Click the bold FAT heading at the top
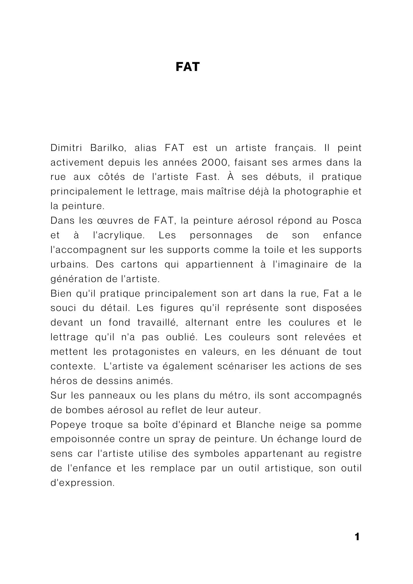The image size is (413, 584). point(188,67)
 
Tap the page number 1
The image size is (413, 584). point(357,537)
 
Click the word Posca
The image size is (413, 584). point(347,220)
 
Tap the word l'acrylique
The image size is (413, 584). point(119,235)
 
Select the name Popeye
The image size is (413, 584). point(69,425)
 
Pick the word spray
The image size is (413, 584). point(206,439)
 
